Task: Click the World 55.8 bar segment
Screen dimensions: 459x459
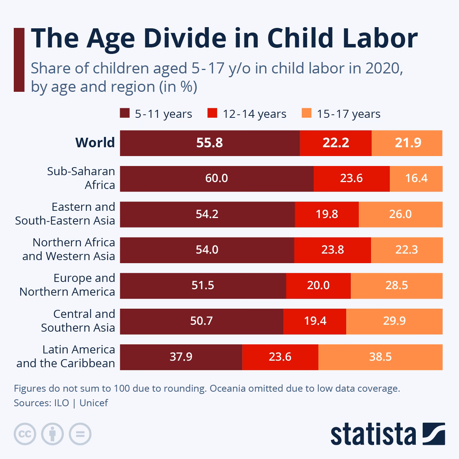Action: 210,143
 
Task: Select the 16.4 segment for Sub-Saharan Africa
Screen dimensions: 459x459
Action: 416,179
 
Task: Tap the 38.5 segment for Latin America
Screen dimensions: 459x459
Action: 380,357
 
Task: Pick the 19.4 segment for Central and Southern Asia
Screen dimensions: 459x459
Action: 315,321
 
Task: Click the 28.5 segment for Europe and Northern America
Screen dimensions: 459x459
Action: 396,285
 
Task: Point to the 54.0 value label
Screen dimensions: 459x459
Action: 207,250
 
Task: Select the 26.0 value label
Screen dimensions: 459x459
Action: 400,214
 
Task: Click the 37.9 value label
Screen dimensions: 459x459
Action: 181,357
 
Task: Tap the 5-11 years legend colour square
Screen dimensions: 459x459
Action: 125,114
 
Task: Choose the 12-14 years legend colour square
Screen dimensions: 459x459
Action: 212,114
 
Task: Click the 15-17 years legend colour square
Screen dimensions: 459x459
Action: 306,114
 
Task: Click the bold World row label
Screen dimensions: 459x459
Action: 95,143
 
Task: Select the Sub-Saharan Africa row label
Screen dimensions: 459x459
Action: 81,178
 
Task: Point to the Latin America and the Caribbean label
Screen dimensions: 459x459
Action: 66,356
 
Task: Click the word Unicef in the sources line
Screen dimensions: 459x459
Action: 94,403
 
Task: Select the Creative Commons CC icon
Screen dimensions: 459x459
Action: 25,434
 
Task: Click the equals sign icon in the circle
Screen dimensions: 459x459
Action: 80,434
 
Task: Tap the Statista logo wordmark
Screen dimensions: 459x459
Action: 373,435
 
